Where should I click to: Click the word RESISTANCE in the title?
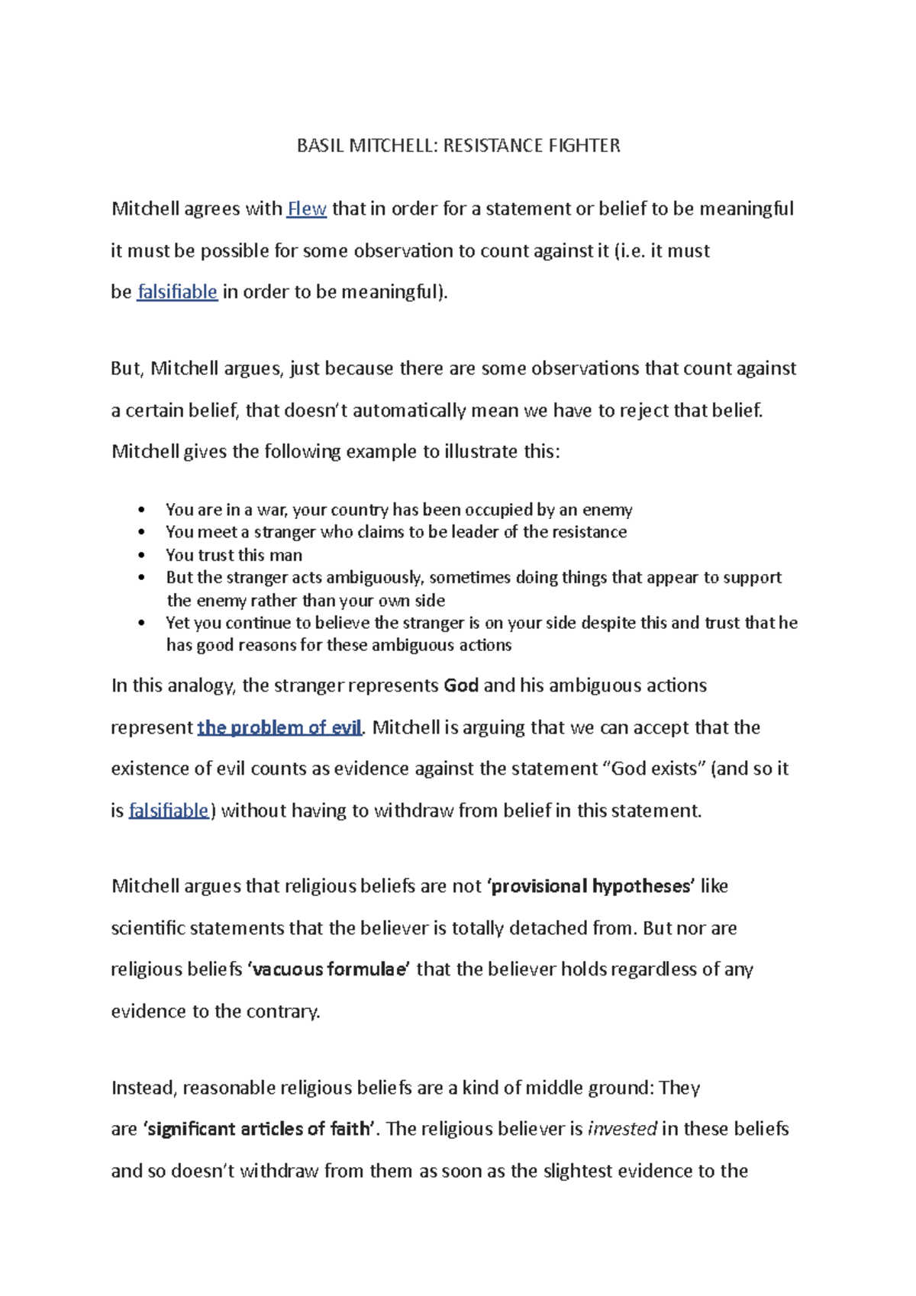[486, 146]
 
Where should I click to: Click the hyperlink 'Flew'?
[307, 209]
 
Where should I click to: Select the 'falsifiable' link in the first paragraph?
[177, 292]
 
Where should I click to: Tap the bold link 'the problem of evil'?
[279, 727]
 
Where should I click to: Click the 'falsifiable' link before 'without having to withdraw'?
[169, 811]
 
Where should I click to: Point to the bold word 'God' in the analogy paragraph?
[461, 685]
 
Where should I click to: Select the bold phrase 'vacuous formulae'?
[329, 969]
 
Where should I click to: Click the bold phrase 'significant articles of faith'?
[260, 1129]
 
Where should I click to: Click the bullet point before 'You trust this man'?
[141, 556]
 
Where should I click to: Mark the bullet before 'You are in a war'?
[141, 510]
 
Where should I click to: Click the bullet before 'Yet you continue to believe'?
[141, 623]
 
